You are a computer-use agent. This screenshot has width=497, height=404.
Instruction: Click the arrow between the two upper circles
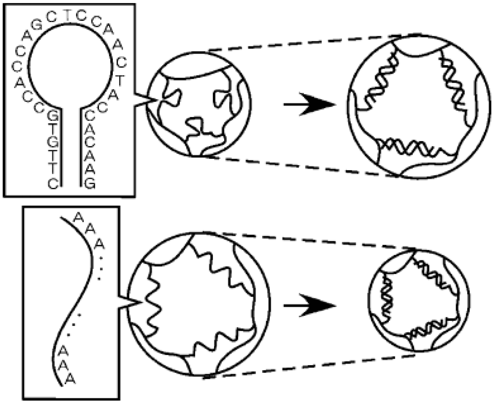(310, 104)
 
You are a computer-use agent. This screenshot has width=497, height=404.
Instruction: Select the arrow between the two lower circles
(310, 305)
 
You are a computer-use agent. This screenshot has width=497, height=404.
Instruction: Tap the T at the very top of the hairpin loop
(67, 16)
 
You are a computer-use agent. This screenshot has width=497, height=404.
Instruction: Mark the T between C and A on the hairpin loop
(120, 80)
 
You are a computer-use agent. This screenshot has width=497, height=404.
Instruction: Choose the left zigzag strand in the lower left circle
(152, 301)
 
